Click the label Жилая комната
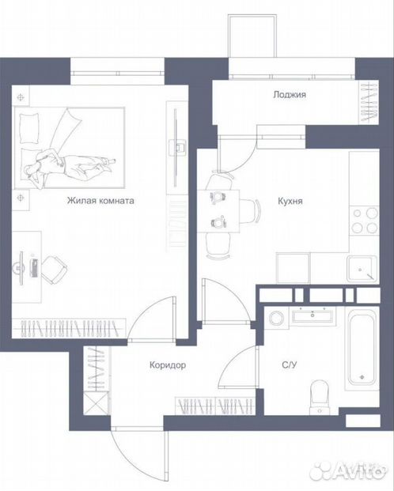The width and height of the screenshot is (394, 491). (x=100, y=201)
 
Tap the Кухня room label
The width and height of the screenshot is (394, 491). (x=290, y=201)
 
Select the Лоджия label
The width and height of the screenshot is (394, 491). (x=290, y=95)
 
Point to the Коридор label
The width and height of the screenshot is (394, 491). (x=168, y=365)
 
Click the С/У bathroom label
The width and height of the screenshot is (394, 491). (x=290, y=364)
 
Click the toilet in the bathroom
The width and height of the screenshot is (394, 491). (x=320, y=397)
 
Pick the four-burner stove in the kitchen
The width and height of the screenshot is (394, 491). (x=365, y=220)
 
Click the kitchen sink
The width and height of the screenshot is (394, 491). (x=362, y=269)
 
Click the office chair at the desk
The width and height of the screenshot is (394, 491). (x=54, y=270)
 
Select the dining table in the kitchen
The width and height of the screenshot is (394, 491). (x=218, y=211)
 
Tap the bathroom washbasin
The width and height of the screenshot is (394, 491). (x=313, y=315)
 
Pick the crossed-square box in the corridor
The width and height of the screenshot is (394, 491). (x=97, y=403)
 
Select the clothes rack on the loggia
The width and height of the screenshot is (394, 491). (x=369, y=102)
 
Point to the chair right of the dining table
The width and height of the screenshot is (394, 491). (x=250, y=211)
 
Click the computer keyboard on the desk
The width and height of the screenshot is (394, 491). (x=35, y=268)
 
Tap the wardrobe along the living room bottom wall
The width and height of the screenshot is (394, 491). (x=69, y=328)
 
